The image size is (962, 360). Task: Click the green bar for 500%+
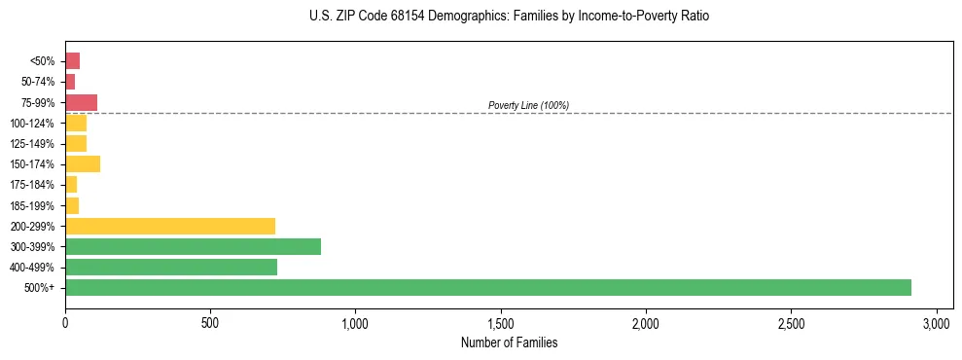(x=487, y=287)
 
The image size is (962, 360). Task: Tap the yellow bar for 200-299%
(x=170, y=226)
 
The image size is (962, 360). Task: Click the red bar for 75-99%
(x=81, y=102)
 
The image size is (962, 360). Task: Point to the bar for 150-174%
(x=83, y=163)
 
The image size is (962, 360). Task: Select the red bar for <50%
(x=72, y=61)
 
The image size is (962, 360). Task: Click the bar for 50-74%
(x=70, y=82)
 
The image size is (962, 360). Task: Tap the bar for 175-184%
(x=71, y=184)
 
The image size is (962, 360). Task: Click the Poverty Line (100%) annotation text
(x=528, y=105)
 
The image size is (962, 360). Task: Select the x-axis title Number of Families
(x=510, y=342)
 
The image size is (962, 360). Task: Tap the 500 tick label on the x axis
(x=210, y=322)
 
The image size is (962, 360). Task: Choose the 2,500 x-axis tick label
(x=791, y=322)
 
